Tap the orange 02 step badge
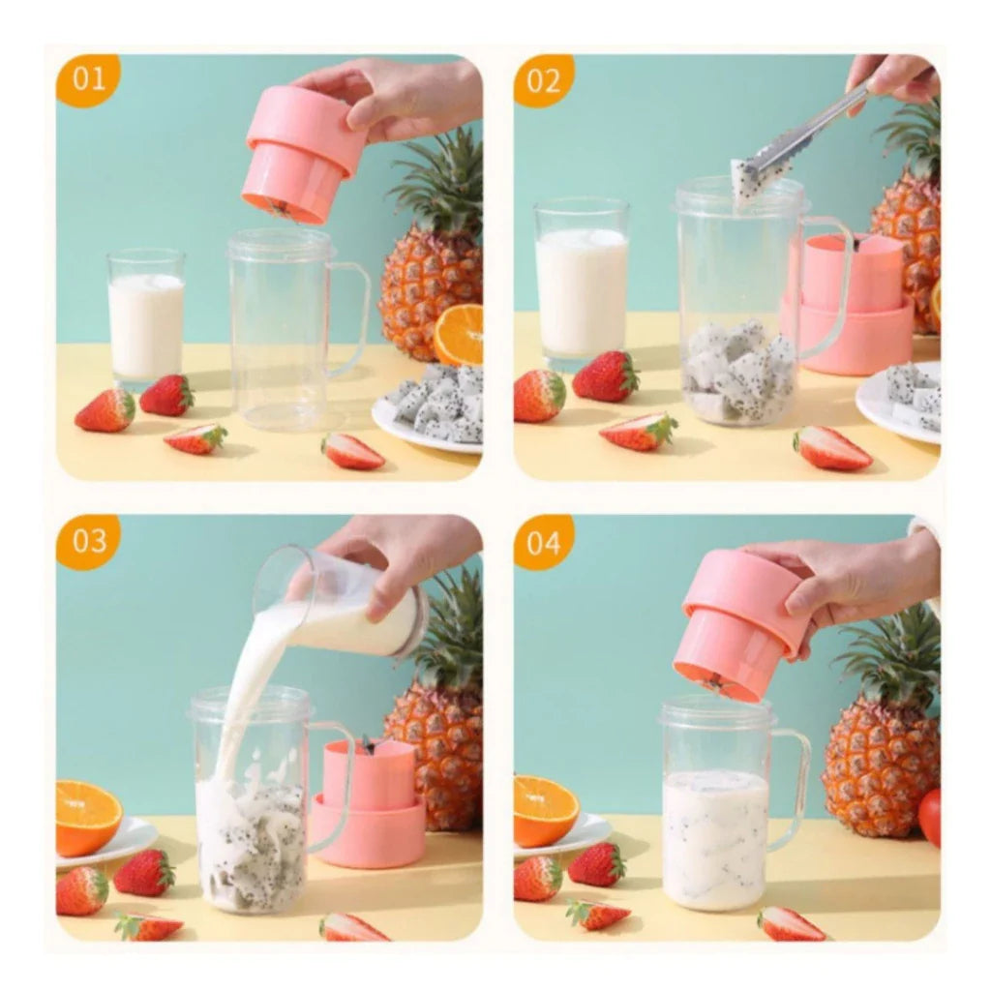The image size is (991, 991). [544, 80]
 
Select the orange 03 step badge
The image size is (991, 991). [88, 541]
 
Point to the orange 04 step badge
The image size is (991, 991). [544, 541]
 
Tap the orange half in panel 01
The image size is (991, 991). [460, 334]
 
